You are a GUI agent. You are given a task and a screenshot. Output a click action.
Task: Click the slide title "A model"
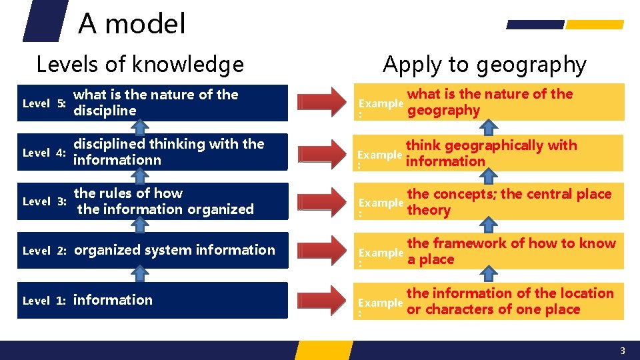132,24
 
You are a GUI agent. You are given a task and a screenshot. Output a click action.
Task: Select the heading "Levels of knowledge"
140,65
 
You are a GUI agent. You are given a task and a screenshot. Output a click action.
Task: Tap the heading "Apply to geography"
484,65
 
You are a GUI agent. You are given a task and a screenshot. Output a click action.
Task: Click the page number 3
622,351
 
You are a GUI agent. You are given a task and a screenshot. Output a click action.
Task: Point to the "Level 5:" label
43,103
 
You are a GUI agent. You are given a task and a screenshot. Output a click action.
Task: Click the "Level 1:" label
43,301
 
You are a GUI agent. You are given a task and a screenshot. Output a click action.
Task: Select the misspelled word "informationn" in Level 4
117,160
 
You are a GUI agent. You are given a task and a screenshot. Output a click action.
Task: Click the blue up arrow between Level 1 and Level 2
139,275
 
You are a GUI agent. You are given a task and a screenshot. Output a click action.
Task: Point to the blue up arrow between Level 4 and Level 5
139,127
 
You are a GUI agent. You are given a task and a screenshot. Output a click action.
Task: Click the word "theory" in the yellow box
429,211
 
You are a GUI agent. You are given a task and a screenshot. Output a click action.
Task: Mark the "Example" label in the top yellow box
381,103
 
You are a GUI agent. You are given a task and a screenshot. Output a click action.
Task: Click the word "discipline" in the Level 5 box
105,111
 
